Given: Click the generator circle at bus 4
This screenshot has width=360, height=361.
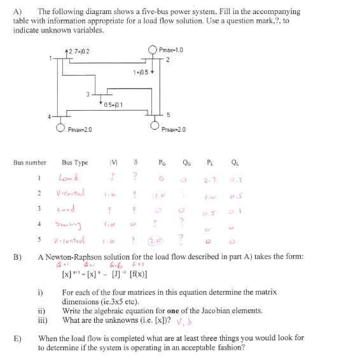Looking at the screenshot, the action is coord(60,128).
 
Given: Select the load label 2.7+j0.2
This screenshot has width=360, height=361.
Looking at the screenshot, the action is coord(80,50).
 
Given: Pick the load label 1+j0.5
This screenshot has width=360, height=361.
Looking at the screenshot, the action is coord(142,72).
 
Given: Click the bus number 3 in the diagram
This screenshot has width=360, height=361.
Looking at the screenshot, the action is coord(87,95).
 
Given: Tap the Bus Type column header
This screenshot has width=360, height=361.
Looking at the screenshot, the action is coord(75,162).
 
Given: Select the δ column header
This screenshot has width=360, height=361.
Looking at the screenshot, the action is coord(135,162).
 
